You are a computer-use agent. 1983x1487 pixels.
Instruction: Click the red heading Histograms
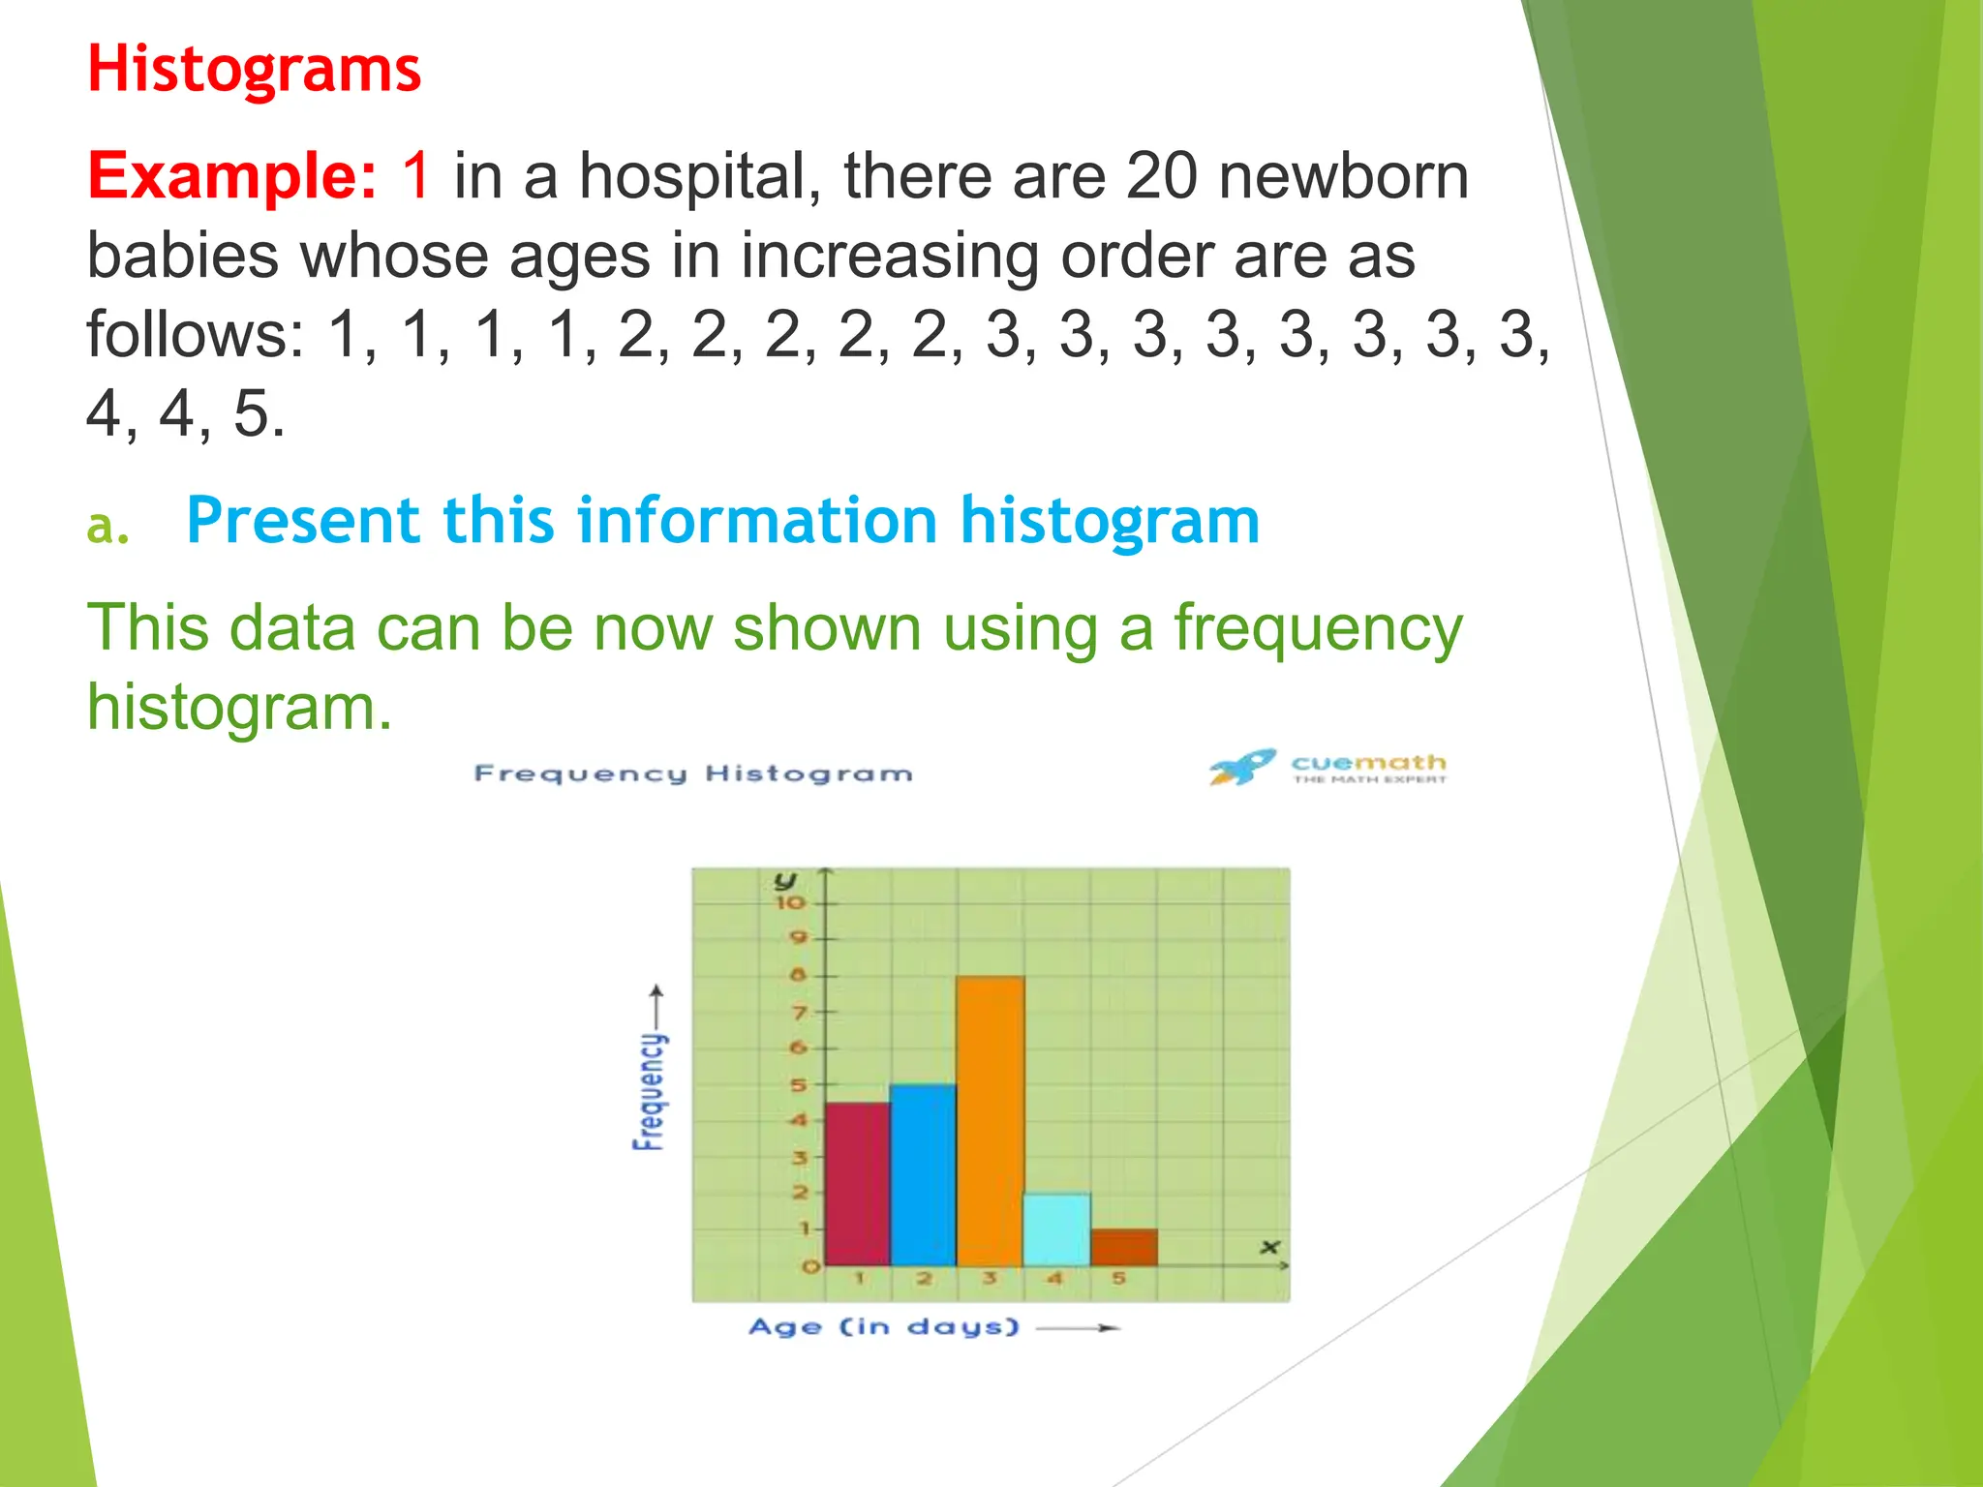(254, 70)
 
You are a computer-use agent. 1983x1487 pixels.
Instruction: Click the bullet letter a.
(107, 526)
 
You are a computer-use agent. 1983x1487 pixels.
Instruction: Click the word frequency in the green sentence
(1318, 628)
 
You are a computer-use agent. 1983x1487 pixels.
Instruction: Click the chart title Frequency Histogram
(693, 774)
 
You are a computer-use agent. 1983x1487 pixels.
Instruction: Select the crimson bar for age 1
(857, 1183)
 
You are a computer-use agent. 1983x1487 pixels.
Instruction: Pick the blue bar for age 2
(923, 1174)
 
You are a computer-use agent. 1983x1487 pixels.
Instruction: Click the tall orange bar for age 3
(990, 1120)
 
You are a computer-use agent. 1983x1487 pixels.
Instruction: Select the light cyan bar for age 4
(1056, 1229)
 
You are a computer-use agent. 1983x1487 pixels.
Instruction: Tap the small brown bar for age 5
(1123, 1247)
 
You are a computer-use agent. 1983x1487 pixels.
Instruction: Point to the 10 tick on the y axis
(790, 902)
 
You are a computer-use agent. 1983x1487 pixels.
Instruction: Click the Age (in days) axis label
(884, 1326)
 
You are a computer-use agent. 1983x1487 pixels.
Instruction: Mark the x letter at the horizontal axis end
(1269, 1247)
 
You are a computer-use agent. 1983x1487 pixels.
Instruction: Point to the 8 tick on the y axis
(798, 975)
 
